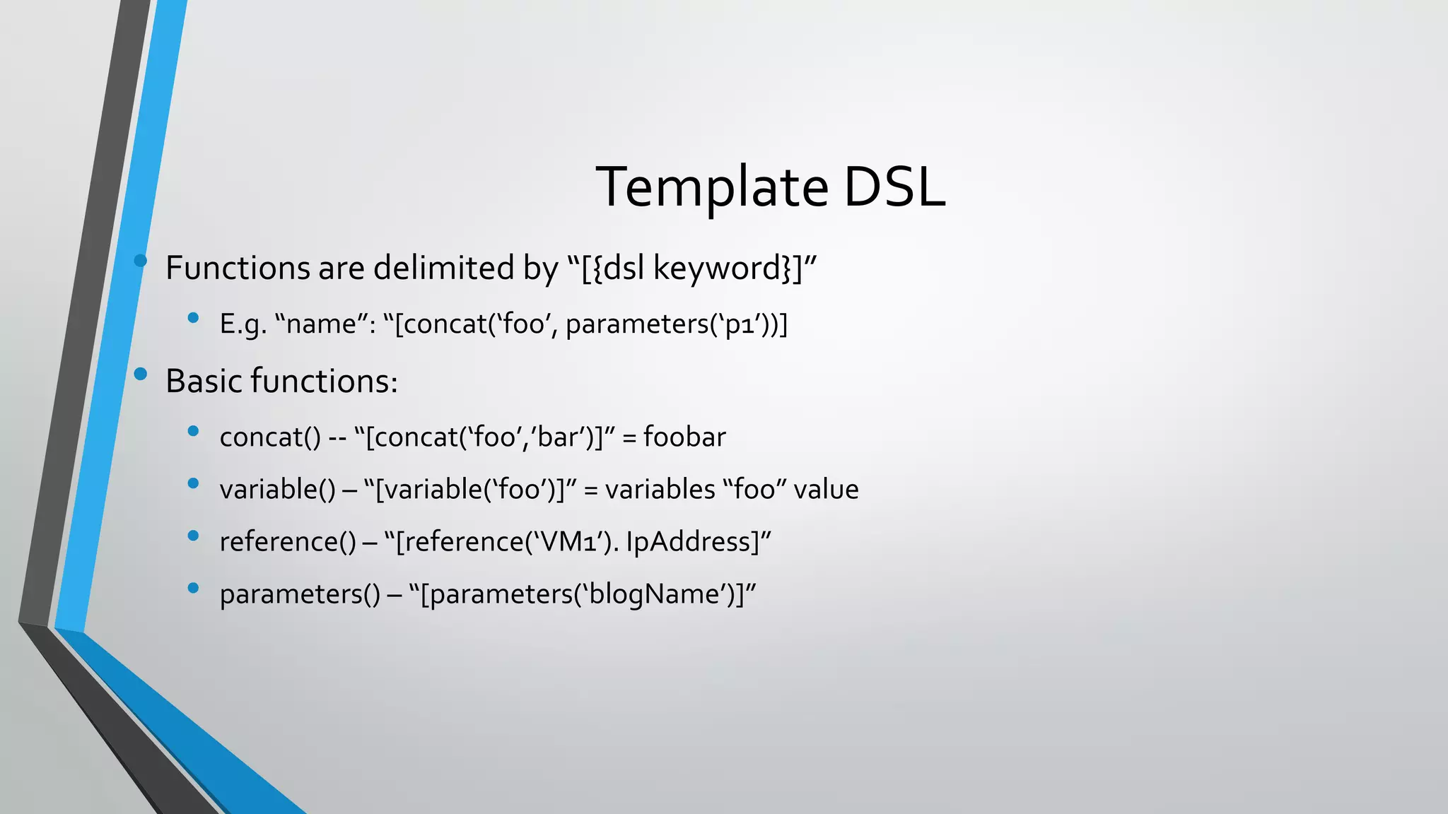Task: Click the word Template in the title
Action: [711, 187]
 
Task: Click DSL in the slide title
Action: [894, 187]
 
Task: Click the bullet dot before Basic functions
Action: [140, 374]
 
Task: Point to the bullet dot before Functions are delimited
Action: [140, 261]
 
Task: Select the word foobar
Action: [684, 437]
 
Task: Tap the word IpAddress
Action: [692, 542]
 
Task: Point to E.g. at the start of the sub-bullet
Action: [243, 325]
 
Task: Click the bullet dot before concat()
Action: [193, 431]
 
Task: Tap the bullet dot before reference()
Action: [193, 536]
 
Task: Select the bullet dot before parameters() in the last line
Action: [193, 588]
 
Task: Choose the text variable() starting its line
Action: [277, 490]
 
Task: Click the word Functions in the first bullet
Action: [237, 269]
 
